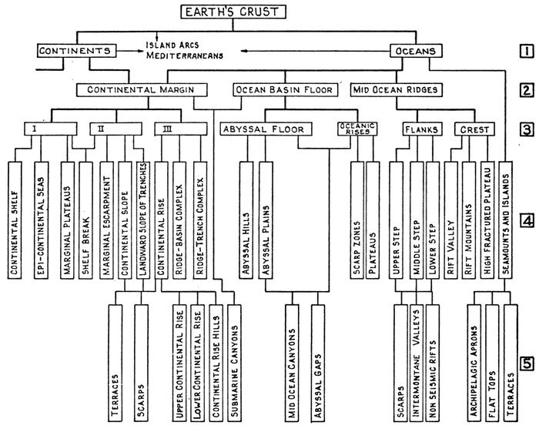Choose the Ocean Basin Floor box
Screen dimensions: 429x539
point(283,90)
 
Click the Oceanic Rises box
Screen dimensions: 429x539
point(353,129)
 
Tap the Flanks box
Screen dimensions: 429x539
point(420,129)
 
